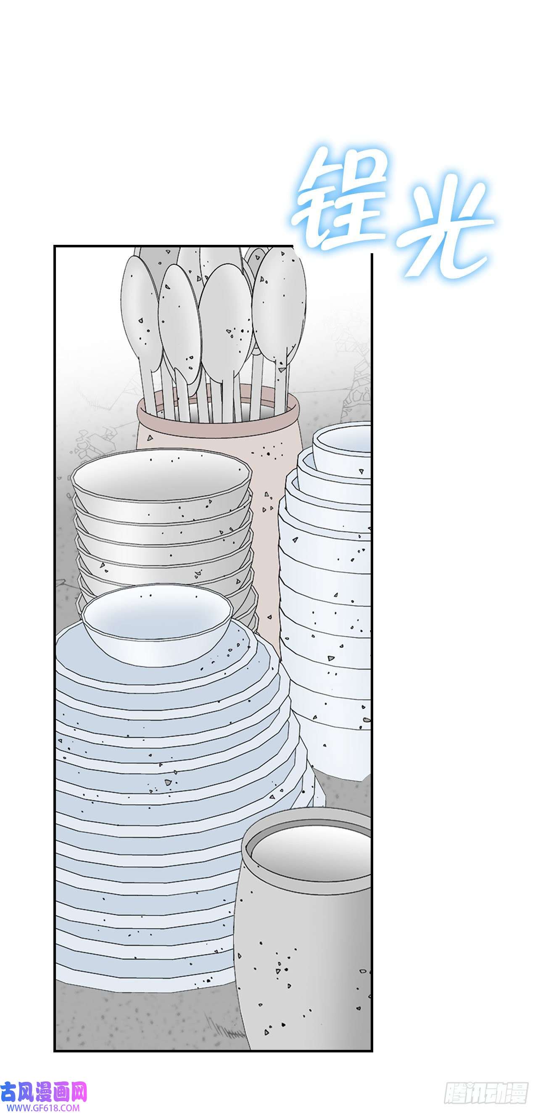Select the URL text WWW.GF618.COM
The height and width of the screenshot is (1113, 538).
tap(40, 1108)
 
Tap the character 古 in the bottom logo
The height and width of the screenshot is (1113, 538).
tap(8, 1092)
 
